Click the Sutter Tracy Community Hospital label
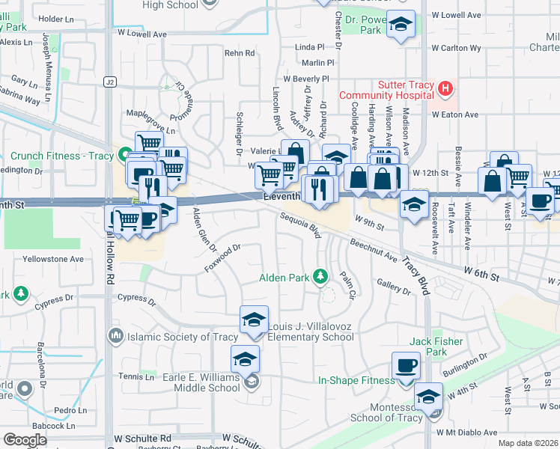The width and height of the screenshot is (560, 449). (x=386, y=90)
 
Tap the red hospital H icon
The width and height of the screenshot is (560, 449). (x=446, y=90)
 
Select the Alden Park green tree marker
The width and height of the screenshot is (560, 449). (x=321, y=278)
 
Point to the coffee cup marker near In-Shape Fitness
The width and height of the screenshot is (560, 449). (x=407, y=366)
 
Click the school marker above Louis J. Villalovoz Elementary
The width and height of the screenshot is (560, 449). (x=254, y=320)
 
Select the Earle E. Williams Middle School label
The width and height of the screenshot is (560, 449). (x=201, y=382)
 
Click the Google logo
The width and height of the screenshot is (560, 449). (x=25, y=439)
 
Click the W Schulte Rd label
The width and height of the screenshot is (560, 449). (x=142, y=438)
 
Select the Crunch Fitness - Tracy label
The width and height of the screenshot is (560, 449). (x=61, y=156)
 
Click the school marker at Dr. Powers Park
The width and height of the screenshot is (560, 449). (x=401, y=26)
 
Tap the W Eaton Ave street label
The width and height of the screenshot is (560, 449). (x=454, y=114)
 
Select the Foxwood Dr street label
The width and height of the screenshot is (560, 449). (x=222, y=258)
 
